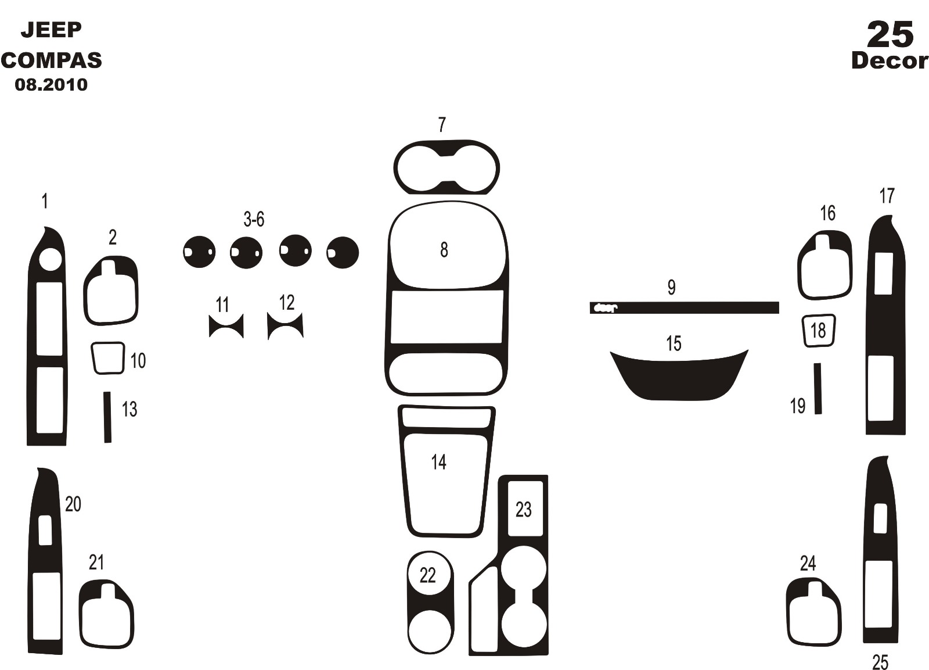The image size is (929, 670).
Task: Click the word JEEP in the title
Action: (x=52, y=30)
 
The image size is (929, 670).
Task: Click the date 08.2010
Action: (x=52, y=85)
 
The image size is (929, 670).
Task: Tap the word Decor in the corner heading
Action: (x=890, y=61)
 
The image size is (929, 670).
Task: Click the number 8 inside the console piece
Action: (x=444, y=250)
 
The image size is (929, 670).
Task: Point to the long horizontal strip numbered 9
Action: (x=685, y=307)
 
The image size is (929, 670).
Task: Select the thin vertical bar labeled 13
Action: (x=107, y=417)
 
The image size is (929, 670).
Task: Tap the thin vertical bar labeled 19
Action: (x=818, y=389)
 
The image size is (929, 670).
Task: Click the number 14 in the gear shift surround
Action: (x=439, y=462)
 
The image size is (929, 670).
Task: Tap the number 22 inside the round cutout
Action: (x=427, y=575)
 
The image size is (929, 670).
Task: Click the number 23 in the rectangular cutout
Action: (x=523, y=510)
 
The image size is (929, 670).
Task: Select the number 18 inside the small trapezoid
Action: (x=818, y=331)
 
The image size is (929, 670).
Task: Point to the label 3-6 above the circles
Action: (x=254, y=219)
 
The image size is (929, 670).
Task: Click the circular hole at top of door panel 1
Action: (x=51, y=259)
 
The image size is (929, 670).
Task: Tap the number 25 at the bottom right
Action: (x=880, y=662)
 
